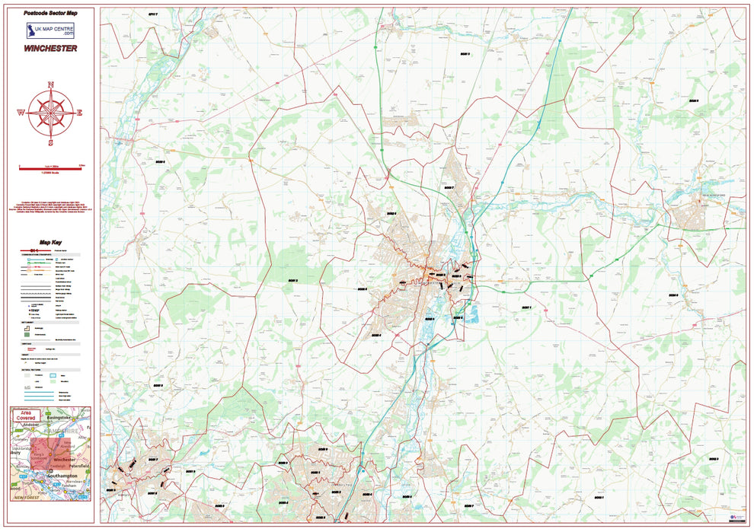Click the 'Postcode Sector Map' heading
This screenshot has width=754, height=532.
pos(50,14)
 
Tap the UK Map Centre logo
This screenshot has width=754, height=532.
pos(50,30)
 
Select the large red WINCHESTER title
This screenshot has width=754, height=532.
pos(50,48)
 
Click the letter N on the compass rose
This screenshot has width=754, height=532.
pos(51,84)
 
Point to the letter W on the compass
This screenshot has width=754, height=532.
pos(21,113)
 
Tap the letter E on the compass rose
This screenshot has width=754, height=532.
pos(80,113)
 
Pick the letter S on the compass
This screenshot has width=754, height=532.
pos(51,142)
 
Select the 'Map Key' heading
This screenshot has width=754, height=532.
pos(50,241)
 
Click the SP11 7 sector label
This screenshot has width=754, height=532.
pos(157,14)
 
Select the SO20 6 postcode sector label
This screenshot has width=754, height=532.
pos(160,162)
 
